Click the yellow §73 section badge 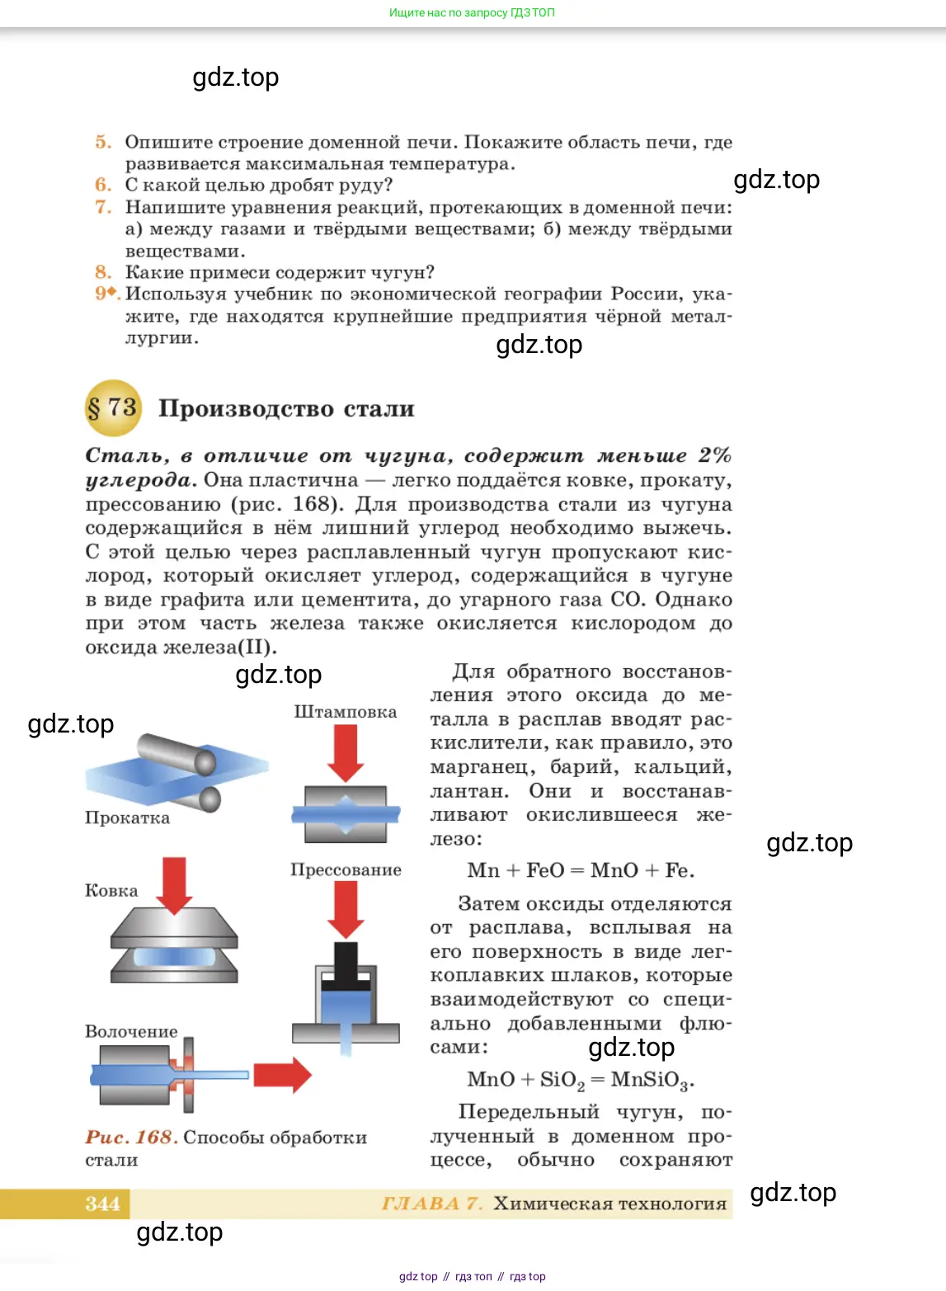pos(113,408)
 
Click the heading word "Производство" pos(246,409)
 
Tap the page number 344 pos(102,1204)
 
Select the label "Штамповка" pos(345,712)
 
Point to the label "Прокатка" pos(127,818)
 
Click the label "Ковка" pos(111,891)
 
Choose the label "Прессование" pos(346,870)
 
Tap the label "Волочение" pos(131,1032)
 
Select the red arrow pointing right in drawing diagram pos(282,1075)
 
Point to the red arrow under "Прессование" pos(346,908)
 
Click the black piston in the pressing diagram pos(346,965)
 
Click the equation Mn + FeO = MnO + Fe pos(581,870)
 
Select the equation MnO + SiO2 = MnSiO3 pos(581,1080)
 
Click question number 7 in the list pos(103,207)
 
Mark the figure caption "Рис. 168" pos(132,1138)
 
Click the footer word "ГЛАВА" pos(421,1204)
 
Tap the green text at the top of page pos(472,12)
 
